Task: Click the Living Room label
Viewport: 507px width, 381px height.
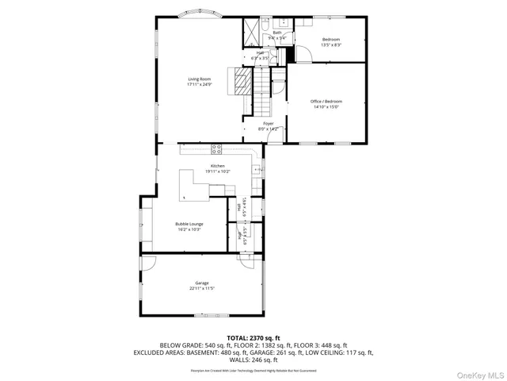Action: click(199, 79)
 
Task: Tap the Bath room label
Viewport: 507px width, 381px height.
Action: click(277, 33)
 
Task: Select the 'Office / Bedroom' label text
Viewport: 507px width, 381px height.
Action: click(325, 102)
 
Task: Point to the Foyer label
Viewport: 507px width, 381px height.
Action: click(269, 124)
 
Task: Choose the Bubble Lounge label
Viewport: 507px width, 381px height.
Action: click(189, 224)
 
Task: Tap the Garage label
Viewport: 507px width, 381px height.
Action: click(202, 283)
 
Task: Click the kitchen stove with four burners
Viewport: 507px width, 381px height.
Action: click(216, 150)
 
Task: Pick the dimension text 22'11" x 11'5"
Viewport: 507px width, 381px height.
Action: click(202, 289)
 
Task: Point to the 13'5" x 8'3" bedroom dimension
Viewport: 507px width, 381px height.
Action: click(330, 45)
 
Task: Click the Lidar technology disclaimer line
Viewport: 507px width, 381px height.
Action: click(253, 370)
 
